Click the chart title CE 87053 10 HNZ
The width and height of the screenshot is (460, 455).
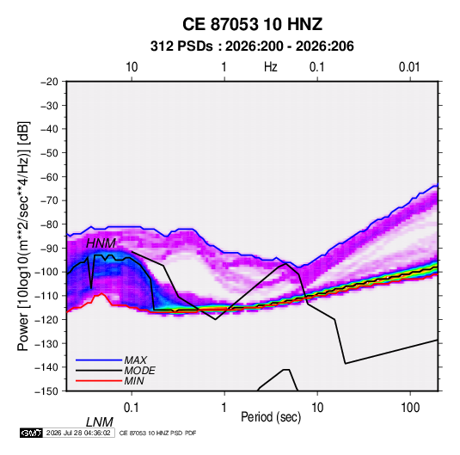click(252, 24)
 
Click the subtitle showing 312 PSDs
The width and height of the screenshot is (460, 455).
click(252, 46)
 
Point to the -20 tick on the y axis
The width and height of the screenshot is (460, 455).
click(49, 82)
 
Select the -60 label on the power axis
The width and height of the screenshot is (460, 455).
click(49, 176)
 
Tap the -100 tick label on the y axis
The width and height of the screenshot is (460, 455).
click(46, 272)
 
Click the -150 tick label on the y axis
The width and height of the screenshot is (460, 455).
click(46, 391)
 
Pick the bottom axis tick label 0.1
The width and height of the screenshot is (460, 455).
click(132, 408)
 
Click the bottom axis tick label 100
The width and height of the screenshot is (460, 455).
click(410, 408)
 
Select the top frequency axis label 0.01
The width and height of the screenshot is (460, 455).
click(409, 67)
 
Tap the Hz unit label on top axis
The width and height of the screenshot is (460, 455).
click(271, 67)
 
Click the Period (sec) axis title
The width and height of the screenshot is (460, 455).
click(271, 417)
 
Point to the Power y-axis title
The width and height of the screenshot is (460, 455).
click(23, 237)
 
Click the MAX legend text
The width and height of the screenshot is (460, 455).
click(135, 360)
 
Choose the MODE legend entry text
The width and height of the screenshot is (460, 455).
click(139, 371)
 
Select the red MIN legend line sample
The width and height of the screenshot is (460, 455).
click(99, 381)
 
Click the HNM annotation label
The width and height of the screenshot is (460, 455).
click(101, 243)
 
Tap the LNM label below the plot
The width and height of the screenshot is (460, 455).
click(100, 422)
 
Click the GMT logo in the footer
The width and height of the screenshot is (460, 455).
click(31, 433)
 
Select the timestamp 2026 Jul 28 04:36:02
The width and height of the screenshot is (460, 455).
click(78, 433)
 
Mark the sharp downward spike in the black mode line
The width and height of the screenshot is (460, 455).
click(91, 288)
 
